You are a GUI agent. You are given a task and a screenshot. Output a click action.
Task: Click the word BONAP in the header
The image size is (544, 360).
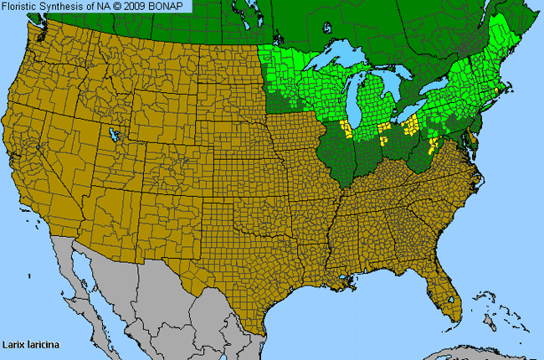point(172,6)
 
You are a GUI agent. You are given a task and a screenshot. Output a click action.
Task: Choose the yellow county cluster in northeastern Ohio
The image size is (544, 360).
point(411,127)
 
